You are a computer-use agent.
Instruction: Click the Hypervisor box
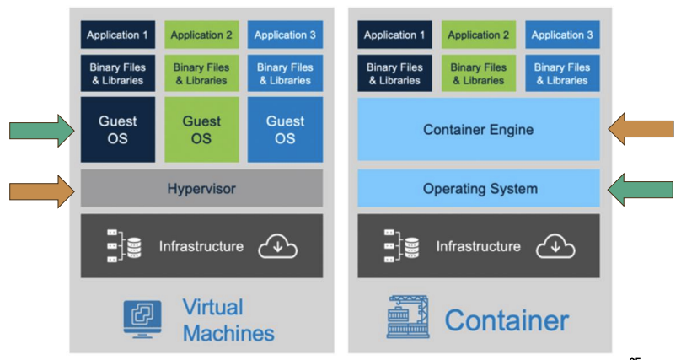(201, 189)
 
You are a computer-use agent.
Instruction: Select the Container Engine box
(479, 130)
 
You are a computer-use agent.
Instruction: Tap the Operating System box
(479, 189)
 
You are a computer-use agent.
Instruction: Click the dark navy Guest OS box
(118, 130)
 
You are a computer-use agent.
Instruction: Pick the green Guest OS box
(201, 130)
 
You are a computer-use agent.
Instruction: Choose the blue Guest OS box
(285, 130)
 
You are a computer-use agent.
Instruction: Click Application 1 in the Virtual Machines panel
(118, 35)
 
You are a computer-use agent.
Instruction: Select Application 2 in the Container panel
(479, 35)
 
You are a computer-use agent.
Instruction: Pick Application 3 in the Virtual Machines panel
(285, 35)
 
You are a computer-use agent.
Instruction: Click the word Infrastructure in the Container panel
(478, 247)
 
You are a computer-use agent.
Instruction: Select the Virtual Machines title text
(228, 320)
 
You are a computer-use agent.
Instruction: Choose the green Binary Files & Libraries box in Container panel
(479, 74)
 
